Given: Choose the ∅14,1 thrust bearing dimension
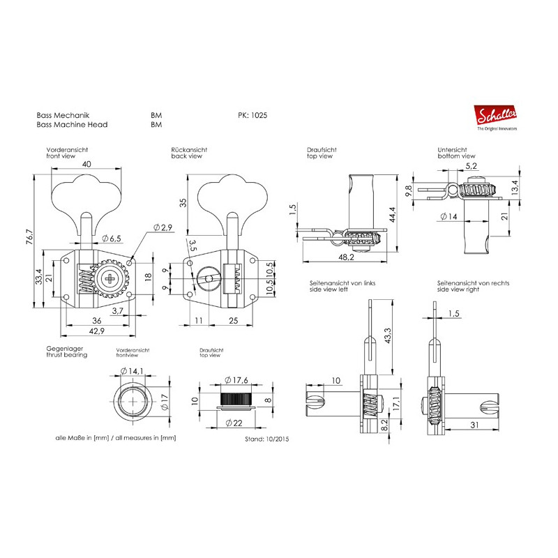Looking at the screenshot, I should (x=131, y=370).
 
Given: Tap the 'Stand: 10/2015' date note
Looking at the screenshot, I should (x=266, y=440).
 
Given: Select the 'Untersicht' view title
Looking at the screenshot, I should (x=451, y=150).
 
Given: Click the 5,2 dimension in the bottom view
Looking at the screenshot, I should (x=471, y=165).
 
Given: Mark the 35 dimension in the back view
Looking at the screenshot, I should (x=183, y=203).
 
